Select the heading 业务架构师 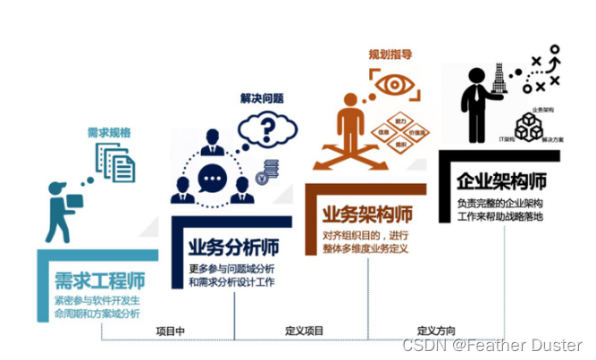[x=367, y=214]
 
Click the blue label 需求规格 [x=109, y=132]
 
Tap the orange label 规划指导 [x=390, y=54]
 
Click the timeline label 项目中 [x=170, y=331]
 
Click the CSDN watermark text [x=491, y=345]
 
